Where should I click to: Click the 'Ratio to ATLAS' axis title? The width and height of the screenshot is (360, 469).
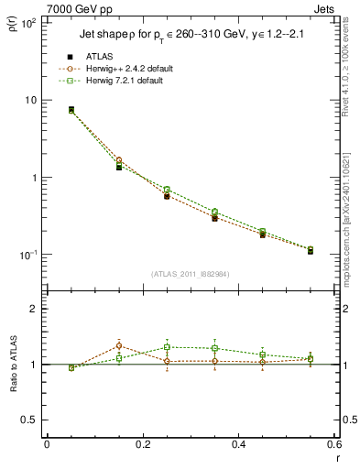[12, 364]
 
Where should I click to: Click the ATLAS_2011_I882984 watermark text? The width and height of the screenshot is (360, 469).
[190, 273]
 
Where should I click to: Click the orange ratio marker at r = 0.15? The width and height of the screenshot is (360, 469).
[119, 345]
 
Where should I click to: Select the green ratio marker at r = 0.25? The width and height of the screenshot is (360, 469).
[167, 347]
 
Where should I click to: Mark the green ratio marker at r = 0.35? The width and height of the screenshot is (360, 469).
[214, 348]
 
